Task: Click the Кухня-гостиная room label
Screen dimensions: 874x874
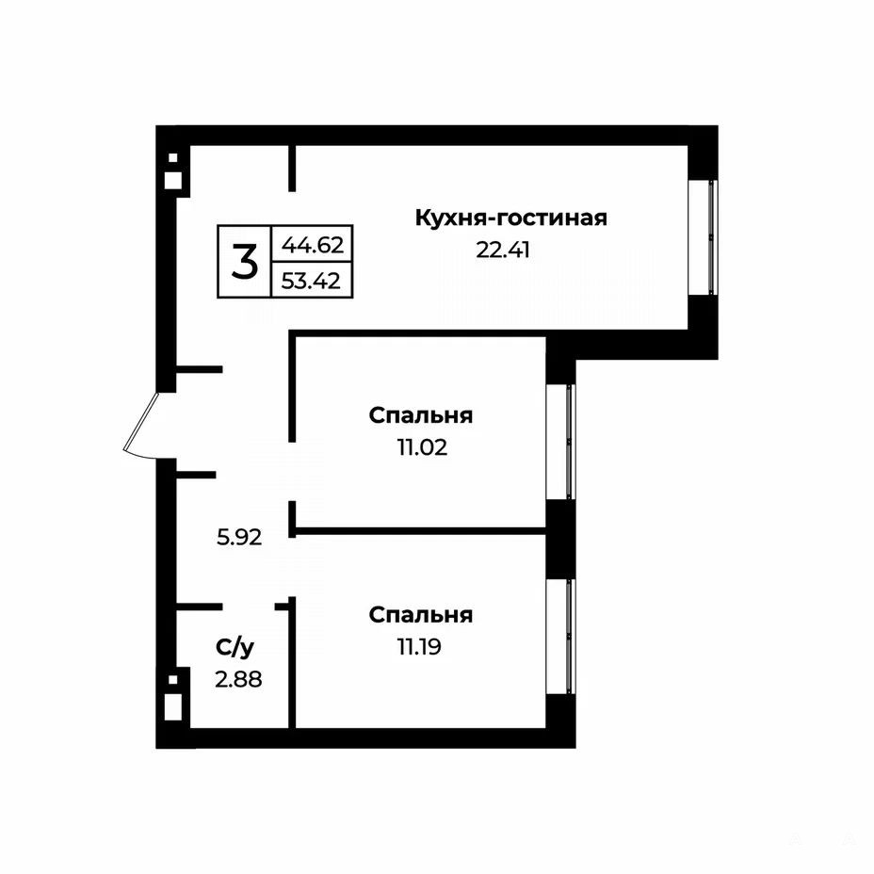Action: pyautogui.click(x=510, y=218)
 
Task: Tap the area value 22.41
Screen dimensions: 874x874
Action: pyautogui.click(x=502, y=250)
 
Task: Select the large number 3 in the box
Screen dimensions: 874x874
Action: pyautogui.click(x=245, y=262)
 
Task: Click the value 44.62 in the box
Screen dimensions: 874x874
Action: pyautogui.click(x=312, y=244)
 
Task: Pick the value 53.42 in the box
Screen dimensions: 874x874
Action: pyautogui.click(x=311, y=281)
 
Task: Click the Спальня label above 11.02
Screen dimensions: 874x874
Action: pyautogui.click(x=421, y=416)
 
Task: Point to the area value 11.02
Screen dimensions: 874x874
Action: pyautogui.click(x=422, y=447)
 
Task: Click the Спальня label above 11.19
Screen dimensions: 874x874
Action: pyautogui.click(x=421, y=615)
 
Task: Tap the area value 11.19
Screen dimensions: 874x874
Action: pyautogui.click(x=419, y=647)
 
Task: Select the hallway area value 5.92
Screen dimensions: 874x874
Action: pyautogui.click(x=239, y=538)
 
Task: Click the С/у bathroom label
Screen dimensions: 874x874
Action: pyautogui.click(x=235, y=647)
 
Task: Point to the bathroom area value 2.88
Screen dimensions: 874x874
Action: pyautogui.click(x=238, y=679)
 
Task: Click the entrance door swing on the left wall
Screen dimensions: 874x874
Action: pyautogui.click(x=140, y=424)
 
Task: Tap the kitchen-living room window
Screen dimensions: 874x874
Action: pyautogui.click(x=704, y=237)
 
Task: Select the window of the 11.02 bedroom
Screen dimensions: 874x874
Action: pyautogui.click(x=560, y=442)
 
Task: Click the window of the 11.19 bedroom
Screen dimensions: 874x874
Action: pyautogui.click(x=560, y=636)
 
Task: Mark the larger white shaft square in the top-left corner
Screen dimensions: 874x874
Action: pyautogui.click(x=172, y=180)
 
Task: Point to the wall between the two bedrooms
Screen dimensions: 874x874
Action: pyautogui.click(x=420, y=531)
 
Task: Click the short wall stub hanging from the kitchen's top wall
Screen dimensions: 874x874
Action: pyautogui.click(x=292, y=169)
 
